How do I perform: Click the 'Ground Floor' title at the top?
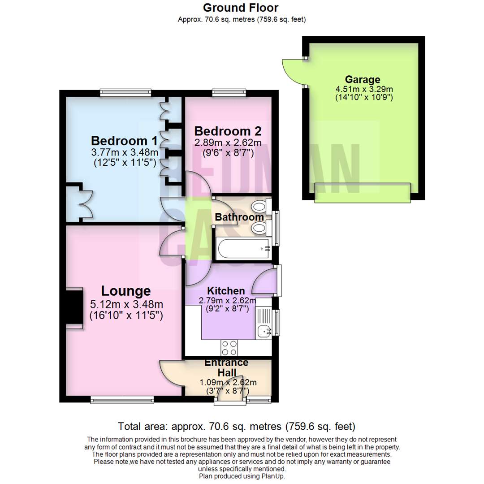(241, 8)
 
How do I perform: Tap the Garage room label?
(362, 80)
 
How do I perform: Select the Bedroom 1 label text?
(124, 141)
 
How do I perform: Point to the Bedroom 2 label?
(228, 131)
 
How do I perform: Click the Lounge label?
(125, 291)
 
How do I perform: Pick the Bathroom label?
(239, 217)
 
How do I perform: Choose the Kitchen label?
(226, 291)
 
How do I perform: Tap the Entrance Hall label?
(226, 367)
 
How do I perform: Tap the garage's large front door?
(362, 192)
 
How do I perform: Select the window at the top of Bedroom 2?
(229, 93)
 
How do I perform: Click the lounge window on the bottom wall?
(121, 399)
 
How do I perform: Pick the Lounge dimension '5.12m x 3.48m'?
(125, 305)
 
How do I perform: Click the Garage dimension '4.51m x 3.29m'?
(362, 89)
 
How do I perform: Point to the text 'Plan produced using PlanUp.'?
(242, 476)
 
